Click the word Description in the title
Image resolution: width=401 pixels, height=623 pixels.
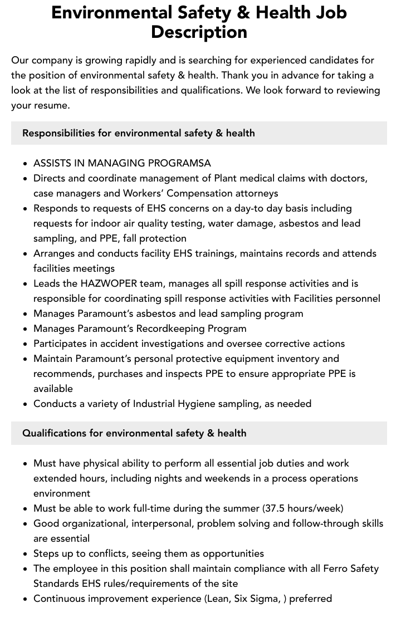point(199,32)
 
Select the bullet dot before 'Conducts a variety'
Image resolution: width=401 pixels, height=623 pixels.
point(26,404)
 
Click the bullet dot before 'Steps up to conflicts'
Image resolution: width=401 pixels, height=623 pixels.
point(26,554)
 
